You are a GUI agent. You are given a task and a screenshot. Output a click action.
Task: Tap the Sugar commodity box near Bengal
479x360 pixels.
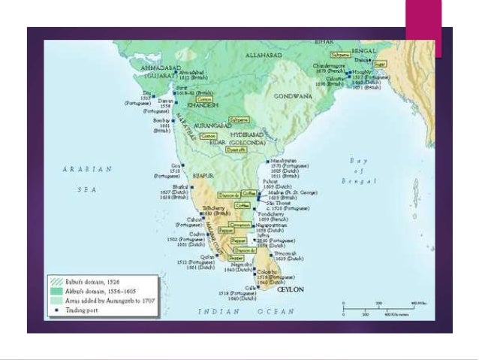click(x=380, y=65)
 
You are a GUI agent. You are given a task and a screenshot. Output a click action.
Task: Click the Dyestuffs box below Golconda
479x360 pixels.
click(x=236, y=150)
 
